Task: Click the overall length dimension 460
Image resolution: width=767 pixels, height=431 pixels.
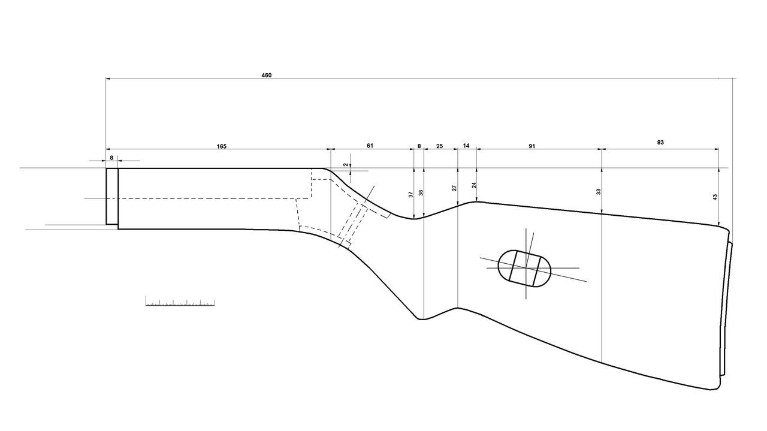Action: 267,76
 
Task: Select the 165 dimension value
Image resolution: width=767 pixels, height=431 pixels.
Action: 222,147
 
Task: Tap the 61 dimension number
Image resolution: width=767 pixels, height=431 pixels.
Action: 370,146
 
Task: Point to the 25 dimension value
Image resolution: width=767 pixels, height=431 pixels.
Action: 440,146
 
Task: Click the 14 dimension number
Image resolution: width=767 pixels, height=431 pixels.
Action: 466,146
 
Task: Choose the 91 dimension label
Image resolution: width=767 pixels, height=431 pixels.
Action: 532,146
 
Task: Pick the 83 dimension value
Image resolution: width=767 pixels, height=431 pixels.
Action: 660,142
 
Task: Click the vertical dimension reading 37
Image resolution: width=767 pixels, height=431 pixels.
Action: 411,194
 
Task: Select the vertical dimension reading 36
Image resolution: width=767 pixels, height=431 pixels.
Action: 421,192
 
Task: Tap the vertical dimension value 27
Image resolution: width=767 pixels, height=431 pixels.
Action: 454,188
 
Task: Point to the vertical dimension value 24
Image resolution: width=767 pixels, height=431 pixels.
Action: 474,185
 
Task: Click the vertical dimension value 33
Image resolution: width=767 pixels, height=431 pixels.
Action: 599,191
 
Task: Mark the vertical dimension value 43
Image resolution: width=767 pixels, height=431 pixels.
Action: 715,197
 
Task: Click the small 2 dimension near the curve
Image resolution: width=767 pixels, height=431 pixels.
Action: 346,165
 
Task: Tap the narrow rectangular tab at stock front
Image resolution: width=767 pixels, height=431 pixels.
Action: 112,196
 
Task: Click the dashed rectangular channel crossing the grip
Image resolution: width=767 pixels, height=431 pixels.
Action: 352,221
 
